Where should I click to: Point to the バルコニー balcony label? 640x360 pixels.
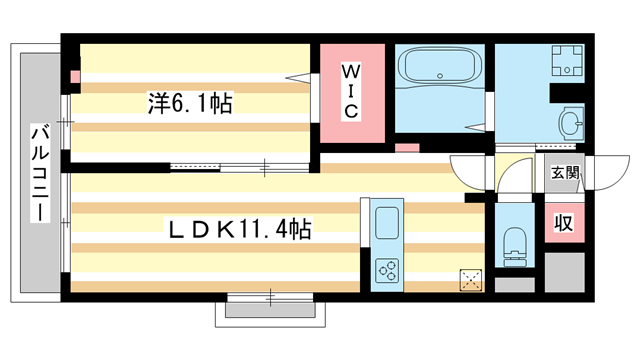pyautogui.click(x=39, y=173)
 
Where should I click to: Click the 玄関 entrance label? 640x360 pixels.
pyautogui.click(x=564, y=173)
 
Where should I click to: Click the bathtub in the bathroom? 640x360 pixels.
pyautogui.click(x=439, y=69)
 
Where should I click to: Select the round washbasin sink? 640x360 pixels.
pyautogui.click(x=571, y=124)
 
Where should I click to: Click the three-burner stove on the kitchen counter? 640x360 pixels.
pyautogui.click(x=386, y=268)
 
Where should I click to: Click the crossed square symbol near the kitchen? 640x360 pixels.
pyautogui.click(x=470, y=280)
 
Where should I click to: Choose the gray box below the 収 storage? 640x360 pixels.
pyautogui.click(x=564, y=267)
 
